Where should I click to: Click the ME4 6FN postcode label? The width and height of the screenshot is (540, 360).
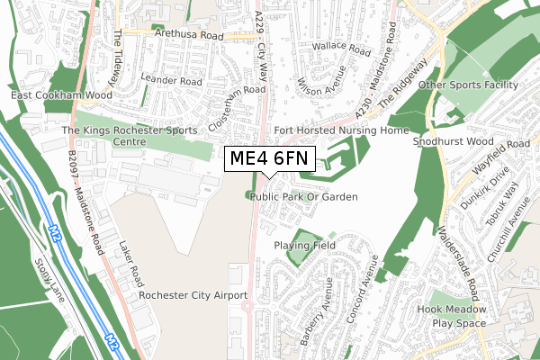tap(269, 159)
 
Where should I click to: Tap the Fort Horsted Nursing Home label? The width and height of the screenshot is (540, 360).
tap(341, 130)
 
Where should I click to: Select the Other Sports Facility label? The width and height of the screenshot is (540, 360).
tap(469, 85)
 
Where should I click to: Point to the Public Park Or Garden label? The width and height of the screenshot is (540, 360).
tap(304, 196)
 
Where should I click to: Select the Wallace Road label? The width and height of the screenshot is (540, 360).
tap(340, 49)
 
